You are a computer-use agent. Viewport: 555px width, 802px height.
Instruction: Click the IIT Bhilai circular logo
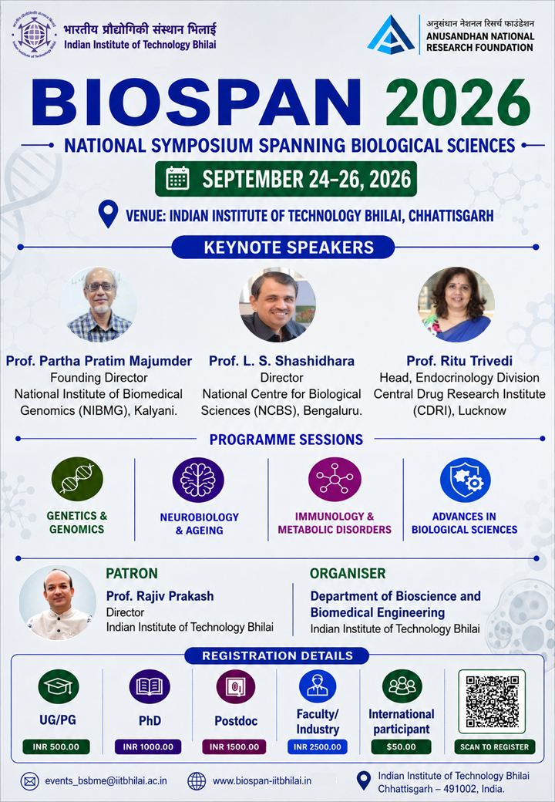(34, 35)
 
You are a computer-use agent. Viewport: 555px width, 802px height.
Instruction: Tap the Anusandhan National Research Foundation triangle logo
(391, 35)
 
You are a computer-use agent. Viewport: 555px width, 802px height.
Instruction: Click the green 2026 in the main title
(457, 103)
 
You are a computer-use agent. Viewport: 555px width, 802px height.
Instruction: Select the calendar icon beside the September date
(177, 178)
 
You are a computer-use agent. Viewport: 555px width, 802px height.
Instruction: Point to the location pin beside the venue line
(108, 214)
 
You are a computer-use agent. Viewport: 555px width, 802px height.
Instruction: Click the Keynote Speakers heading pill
(283, 248)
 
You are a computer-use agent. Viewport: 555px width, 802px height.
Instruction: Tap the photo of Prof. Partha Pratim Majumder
(99, 305)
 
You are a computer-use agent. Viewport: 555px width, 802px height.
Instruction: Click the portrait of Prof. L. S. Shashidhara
(277, 305)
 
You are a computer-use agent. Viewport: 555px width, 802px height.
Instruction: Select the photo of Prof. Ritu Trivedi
(456, 305)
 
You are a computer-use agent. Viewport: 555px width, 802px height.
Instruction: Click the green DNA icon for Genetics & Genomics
(77, 479)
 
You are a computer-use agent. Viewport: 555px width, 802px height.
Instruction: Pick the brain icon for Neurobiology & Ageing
(198, 480)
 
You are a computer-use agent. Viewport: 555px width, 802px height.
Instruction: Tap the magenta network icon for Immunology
(335, 480)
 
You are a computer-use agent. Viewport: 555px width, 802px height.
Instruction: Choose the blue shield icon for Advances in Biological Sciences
(466, 480)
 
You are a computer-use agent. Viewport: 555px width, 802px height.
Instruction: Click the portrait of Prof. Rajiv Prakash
(57, 602)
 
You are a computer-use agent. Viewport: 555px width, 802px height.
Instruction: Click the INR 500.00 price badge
(56, 746)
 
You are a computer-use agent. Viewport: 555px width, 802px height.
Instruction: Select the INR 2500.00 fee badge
(318, 746)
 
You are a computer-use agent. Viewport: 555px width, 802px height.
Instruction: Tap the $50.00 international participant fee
(401, 746)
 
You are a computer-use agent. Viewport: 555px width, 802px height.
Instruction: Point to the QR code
(492, 702)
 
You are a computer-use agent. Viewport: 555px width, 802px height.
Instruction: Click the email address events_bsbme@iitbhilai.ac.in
(106, 781)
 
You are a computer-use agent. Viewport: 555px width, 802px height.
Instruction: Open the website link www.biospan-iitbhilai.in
(262, 781)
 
